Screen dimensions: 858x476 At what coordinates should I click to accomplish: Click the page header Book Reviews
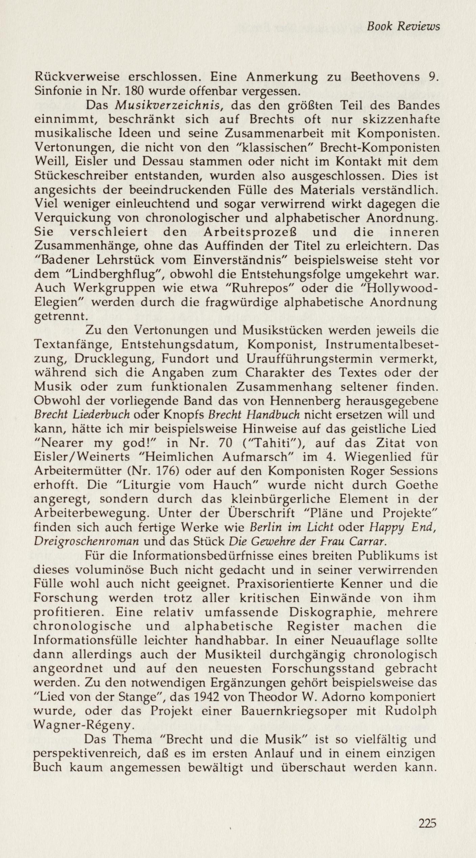tap(403, 26)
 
